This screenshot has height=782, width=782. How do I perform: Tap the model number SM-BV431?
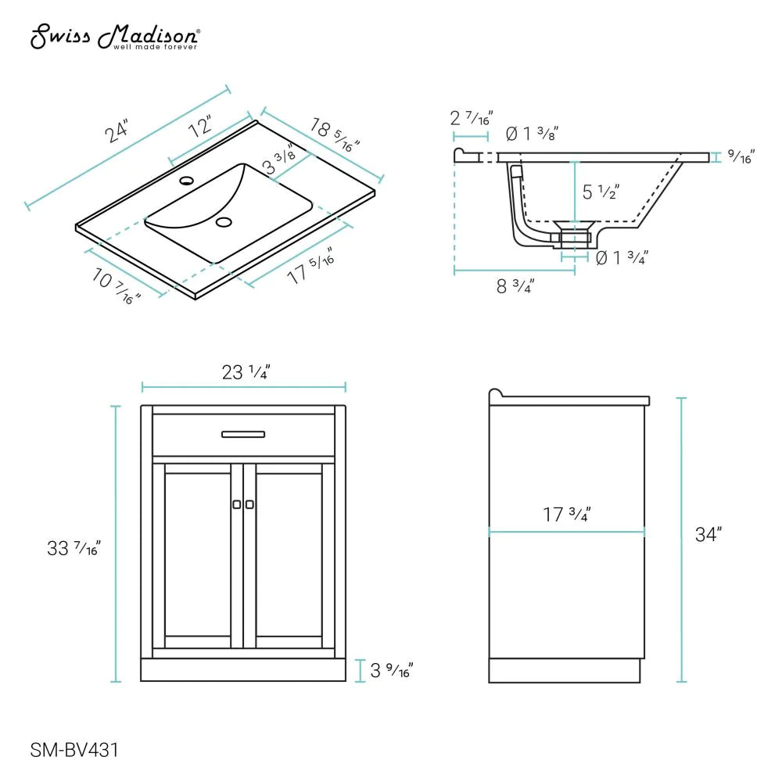click(74, 751)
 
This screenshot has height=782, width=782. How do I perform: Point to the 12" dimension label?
click(201, 125)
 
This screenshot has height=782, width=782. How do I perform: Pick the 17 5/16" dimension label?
click(310, 265)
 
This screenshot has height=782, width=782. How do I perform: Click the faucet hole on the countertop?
click(186, 181)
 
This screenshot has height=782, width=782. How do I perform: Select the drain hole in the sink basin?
click(224, 223)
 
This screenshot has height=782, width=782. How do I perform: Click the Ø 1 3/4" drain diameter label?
click(622, 256)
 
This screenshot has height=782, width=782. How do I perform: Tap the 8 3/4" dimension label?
click(515, 286)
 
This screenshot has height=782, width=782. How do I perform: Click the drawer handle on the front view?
click(243, 434)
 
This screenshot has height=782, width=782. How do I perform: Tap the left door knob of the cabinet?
click(237, 504)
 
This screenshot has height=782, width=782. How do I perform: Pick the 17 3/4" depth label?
click(566, 515)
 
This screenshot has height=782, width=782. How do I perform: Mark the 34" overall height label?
click(708, 535)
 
